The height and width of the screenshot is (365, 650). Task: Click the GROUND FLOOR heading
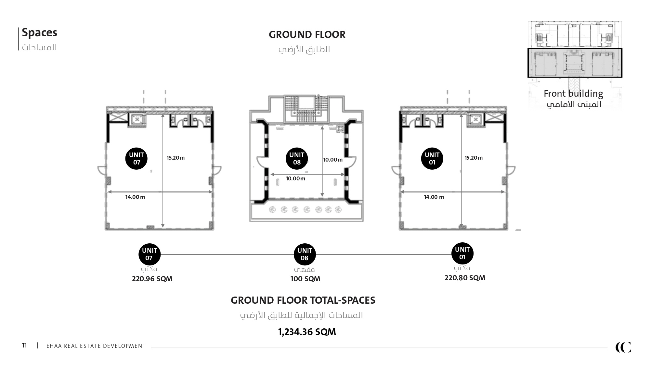(x=307, y=34)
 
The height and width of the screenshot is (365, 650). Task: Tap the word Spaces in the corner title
(x=39, y=33)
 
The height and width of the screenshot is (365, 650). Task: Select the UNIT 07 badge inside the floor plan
(x=136, y=158)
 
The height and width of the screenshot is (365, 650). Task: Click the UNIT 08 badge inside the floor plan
(x=297, y=158)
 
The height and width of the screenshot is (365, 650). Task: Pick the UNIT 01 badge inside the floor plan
(x=432, y=158)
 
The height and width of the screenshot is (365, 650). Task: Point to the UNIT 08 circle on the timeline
(x=305, y=254)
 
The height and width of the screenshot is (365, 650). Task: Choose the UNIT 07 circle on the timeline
(x=149, y=254)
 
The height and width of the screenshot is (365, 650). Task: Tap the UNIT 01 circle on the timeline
(x=462, y=253)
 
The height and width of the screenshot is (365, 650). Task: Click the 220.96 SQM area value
(x=152, y=279)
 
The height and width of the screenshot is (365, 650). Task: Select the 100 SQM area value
(x=305, y=279)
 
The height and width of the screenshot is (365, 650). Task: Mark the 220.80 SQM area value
(x=465, y=278)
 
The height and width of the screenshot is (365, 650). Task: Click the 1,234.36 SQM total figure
(x=307, y=332)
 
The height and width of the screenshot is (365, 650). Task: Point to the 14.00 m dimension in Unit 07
(x=135, y=197)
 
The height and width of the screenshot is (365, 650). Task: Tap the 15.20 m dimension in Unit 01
(x=474, y=158)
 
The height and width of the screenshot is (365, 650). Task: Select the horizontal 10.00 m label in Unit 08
(x=295, y=178)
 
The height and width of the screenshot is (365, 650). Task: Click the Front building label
(x=573, y=94)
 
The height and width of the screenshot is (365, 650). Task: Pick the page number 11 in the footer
(x=24, y=345)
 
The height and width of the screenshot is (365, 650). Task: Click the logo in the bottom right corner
(x=623, y=347)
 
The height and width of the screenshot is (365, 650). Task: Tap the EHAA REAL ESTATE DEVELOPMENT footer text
(x=96, y=346)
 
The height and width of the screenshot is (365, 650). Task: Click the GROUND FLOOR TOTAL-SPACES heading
(x=303, y=300)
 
